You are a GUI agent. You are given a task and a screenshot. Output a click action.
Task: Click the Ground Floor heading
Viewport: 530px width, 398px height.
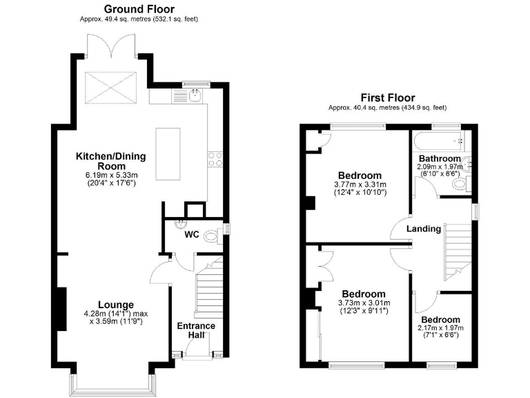139,9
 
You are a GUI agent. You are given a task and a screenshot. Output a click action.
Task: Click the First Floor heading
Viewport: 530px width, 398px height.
386,97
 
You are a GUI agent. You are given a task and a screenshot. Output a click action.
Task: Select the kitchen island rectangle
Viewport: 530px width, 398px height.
168,153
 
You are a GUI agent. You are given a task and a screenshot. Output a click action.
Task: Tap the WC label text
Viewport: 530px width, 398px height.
191,235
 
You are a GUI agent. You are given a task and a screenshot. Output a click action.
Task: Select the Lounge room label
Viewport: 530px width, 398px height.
115,305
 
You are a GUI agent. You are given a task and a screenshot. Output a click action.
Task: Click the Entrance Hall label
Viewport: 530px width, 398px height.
197,330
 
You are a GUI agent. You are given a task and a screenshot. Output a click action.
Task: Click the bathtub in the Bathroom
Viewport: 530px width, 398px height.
438,142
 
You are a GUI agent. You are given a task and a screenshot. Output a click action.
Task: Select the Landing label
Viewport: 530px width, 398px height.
423,229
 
